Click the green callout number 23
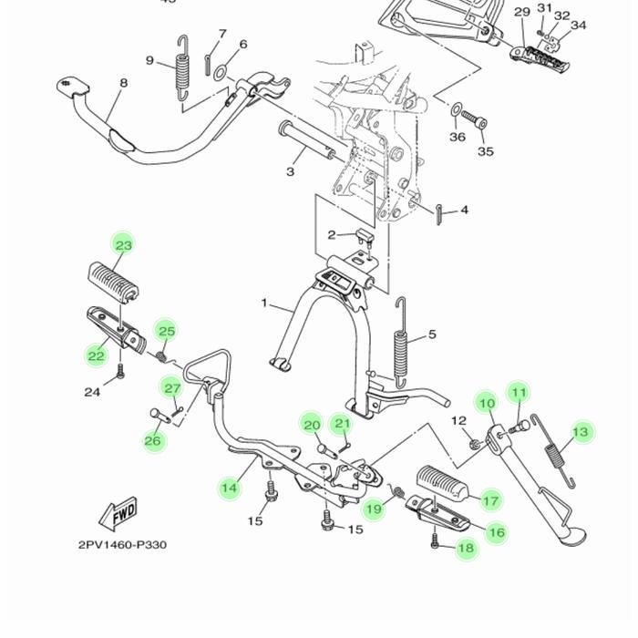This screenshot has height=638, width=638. pos(123,245)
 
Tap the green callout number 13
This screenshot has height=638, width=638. pos(581,431)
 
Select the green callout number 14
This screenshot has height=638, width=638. pos(230,488)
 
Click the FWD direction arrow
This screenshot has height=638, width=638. pos(120,514)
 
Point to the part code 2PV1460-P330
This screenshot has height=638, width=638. pos(122,545)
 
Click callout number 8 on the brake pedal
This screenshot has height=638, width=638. pos(123,84)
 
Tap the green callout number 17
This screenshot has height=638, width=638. pos(491,500)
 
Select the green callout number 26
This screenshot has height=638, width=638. pos(153,441)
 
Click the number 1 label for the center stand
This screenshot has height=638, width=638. pos(264,304)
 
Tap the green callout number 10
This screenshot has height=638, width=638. pos(487,404)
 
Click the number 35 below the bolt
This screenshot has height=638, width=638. pos(486,151)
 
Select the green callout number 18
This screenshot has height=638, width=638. pos(466,548)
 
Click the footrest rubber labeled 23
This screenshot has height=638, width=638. pos(113,279)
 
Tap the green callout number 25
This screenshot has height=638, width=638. pos(165,331)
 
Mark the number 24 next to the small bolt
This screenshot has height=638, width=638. pos(92,392)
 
